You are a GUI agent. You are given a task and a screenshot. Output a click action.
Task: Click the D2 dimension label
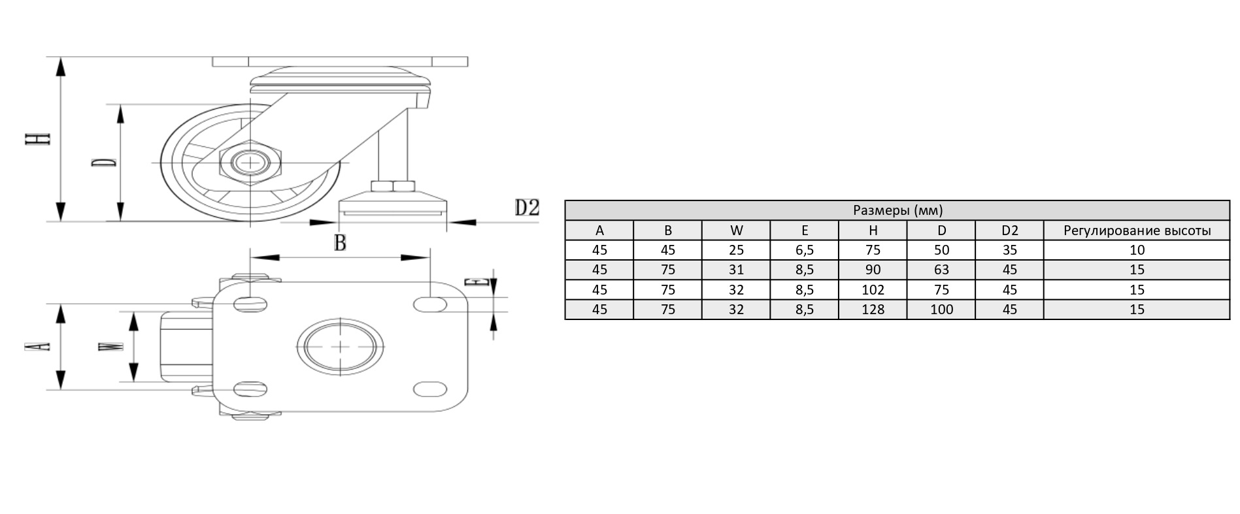point(527,208)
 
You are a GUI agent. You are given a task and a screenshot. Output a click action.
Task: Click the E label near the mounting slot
point(477,282)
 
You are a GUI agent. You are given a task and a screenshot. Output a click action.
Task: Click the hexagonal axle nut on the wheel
point(250,162)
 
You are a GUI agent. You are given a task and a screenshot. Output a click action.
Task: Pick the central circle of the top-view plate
point(341,346)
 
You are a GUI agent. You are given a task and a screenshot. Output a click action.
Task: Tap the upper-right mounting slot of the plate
point(431,304)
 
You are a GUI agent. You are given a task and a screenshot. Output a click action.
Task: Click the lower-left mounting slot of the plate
point(250,389)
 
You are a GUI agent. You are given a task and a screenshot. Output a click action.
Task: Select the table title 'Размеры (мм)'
point(897,210)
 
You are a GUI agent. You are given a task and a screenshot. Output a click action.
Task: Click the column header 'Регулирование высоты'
point(1137,231)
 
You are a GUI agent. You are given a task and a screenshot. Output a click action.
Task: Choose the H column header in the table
point(873,231)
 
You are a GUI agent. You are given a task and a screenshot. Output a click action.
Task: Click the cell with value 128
point(873,310)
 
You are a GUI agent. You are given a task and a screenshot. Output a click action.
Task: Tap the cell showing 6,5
point(804,250)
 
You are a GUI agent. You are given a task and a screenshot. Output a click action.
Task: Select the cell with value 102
point(873,290)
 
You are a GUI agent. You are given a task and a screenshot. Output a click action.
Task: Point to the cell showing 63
point(941,270)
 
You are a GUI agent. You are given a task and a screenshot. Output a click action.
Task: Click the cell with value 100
point(941,310)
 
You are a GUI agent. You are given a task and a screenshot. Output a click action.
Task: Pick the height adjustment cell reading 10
point(1137,250)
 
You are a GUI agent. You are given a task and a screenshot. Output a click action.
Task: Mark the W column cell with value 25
point(736,250)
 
